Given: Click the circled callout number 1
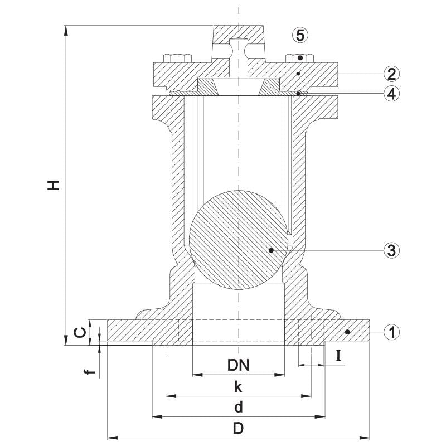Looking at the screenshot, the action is pos(392,332).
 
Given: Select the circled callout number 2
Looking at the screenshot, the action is pos(392,74).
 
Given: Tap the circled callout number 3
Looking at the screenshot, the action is pos(392,250).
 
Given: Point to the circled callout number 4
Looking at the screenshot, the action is pos(392,93).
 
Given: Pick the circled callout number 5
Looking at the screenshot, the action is pos(300,35).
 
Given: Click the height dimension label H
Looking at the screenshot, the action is pos(54,185).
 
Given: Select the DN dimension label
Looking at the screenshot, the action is pos(239,365).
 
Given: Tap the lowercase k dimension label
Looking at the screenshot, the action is pos(239,386).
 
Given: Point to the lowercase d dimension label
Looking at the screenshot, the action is pos(239,407).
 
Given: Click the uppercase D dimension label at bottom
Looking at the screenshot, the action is pos(239,428).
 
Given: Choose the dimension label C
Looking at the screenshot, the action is pos(80,332).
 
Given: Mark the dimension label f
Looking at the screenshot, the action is pos(90,371).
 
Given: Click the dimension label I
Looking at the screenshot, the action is pos(338,355).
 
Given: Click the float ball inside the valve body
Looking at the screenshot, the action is pos(239,240).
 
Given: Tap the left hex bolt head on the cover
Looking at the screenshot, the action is pos(177,58).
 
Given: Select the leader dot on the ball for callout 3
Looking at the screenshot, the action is pos(271,250).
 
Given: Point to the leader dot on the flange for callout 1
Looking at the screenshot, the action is pos(347,332).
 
